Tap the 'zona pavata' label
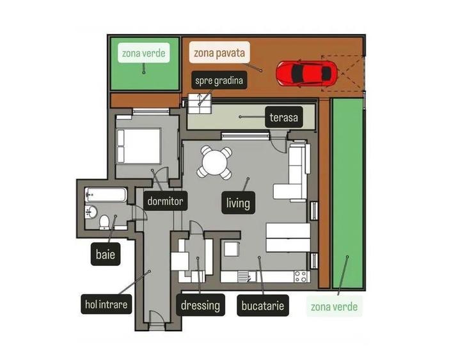tap(218, 53)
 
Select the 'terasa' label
tap(283, 118)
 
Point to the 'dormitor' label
tap(165, 201)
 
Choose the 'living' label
tap(237, 203)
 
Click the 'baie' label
tap(106, 254)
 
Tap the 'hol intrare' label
tap(106, 304)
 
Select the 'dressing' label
tap(200, 305)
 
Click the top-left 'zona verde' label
tap(144, 53)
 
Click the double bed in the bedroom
tap(138, 145)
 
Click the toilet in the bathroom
tap(105, 221)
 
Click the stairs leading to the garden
tap(199, 101)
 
